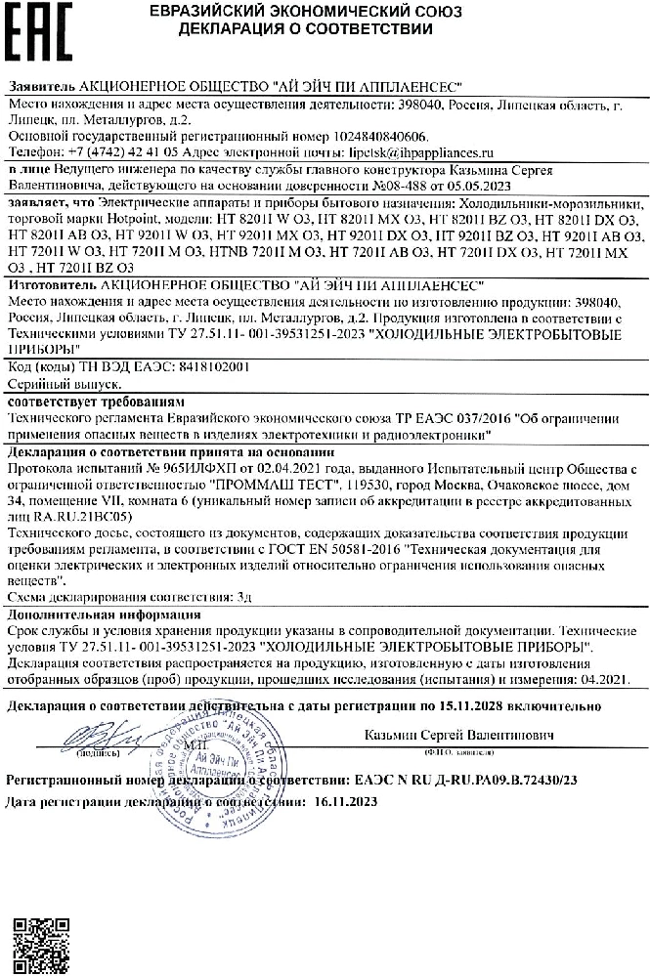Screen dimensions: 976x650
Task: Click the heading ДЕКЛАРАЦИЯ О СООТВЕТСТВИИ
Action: tap(305, 29)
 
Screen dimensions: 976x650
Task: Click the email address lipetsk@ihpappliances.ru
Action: tap(412, 153)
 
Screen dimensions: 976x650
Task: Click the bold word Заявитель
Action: tap(39, 87)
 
